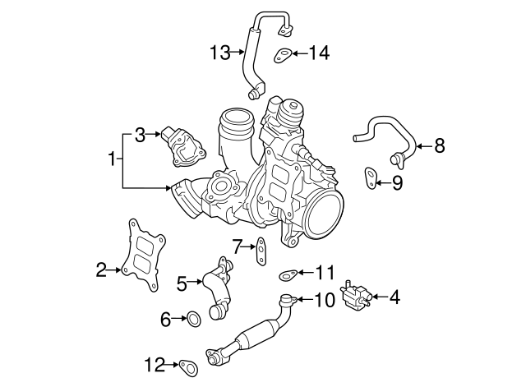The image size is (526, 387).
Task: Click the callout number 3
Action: (x=140, y=135)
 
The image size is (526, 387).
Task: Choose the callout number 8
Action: (x=439, y=146)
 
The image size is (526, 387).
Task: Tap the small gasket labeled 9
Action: (x=371, y=177)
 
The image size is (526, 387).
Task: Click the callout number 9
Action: (x=397, y=182)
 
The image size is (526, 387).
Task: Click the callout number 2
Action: (x=101, y=269)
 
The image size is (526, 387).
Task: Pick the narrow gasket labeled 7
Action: (x=261, y=250)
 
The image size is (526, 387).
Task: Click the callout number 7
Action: (x=237, y=245)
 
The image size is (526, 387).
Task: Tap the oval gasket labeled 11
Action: (x=288, y=275)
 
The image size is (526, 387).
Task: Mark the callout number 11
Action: (x=326, y=272)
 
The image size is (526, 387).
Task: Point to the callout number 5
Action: (x=182, y=283)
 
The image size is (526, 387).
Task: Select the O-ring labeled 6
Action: (x=192, y=318)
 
